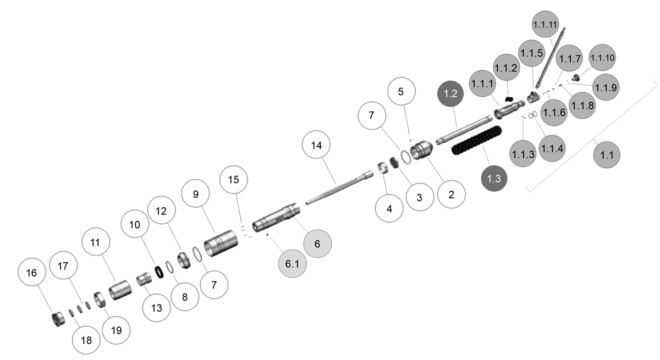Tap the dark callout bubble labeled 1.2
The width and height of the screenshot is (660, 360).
[x=451, y=93]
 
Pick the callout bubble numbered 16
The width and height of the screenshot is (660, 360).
[x=32, y=272]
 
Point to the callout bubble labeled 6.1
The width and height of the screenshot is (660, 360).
[x=291, y=263]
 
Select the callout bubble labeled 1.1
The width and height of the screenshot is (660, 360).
[x=607, y=155]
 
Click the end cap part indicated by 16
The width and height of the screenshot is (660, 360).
[x=58, y=318]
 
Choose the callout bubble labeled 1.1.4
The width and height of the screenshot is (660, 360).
[x=553, y=148]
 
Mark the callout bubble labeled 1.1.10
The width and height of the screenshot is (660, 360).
[x=602, y=57]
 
